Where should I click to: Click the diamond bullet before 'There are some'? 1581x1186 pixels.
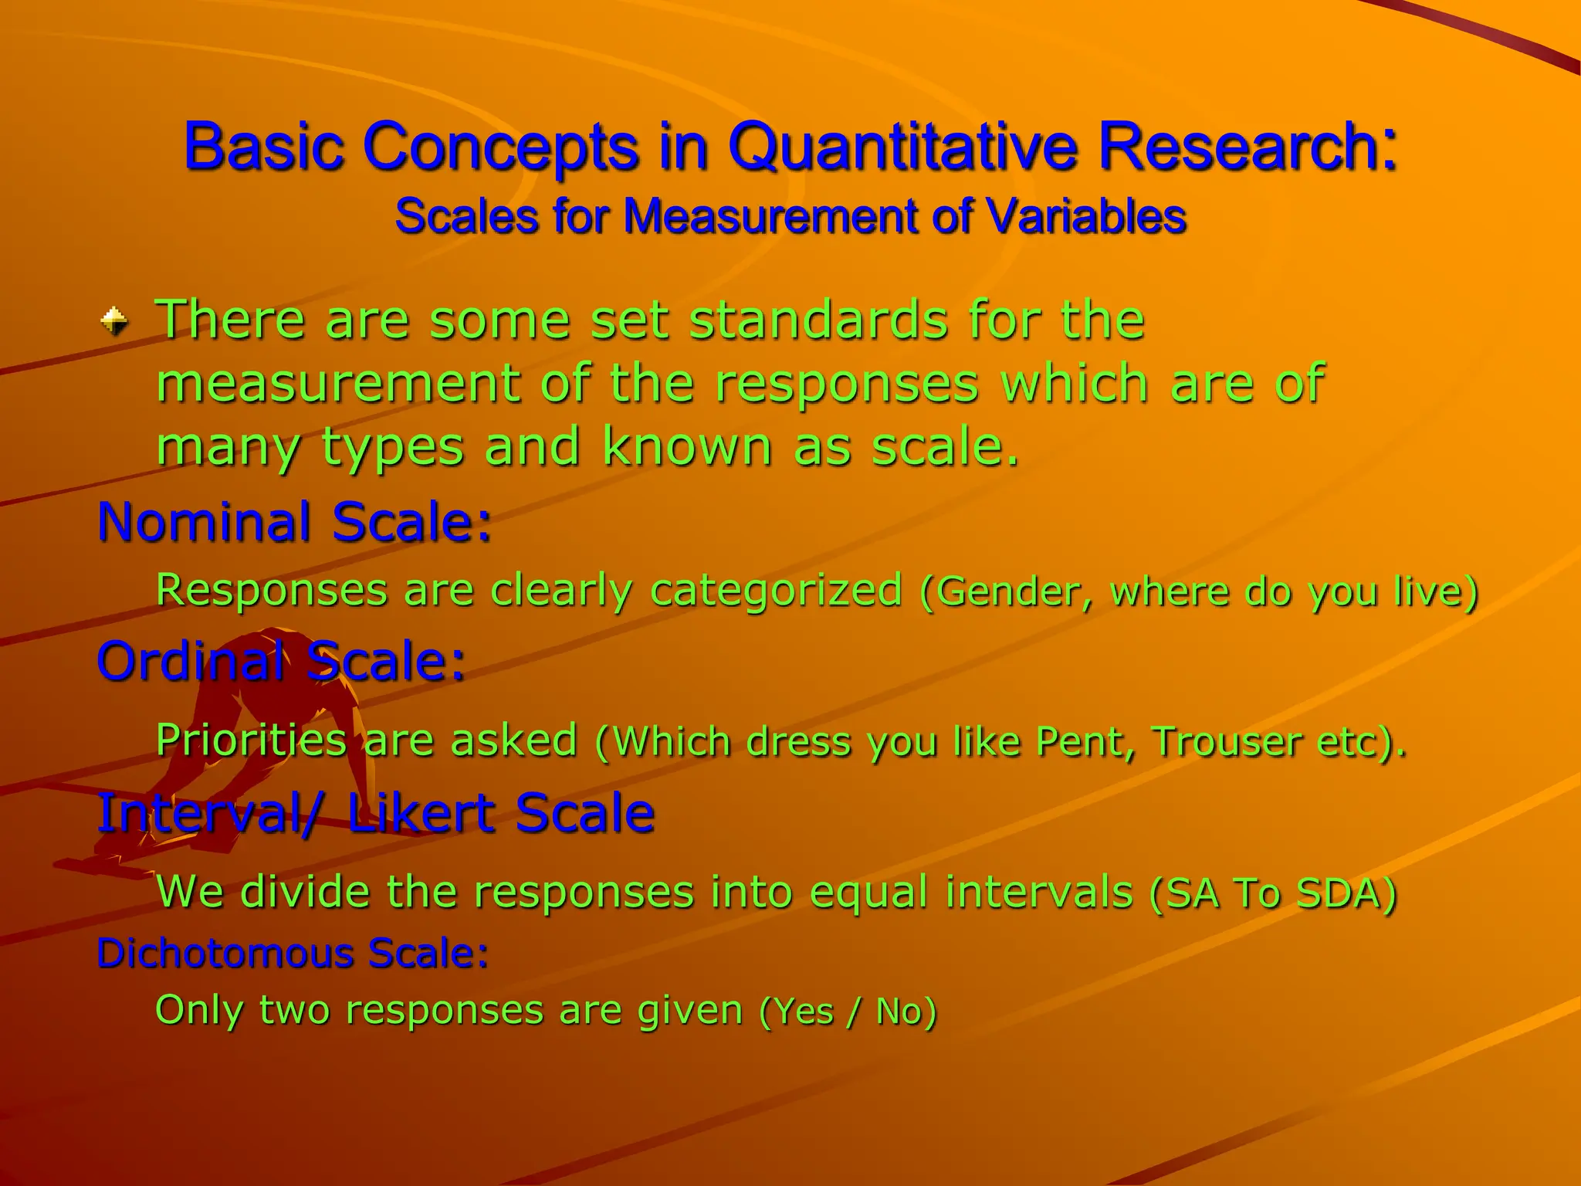pos(114,320)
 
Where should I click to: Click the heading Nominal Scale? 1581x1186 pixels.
pos(294,521)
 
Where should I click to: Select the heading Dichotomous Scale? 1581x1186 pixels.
pos(293,953)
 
